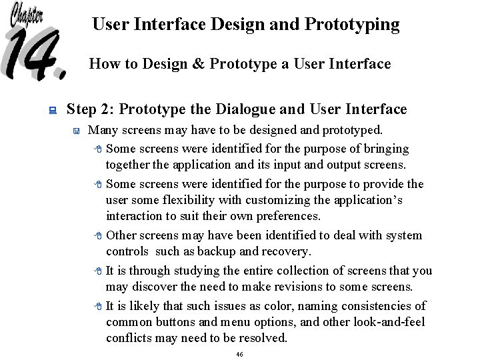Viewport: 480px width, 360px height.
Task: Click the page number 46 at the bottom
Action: point(239,354)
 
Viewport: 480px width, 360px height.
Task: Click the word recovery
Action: point(289,251)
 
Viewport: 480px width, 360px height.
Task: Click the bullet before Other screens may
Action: point(97,236)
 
